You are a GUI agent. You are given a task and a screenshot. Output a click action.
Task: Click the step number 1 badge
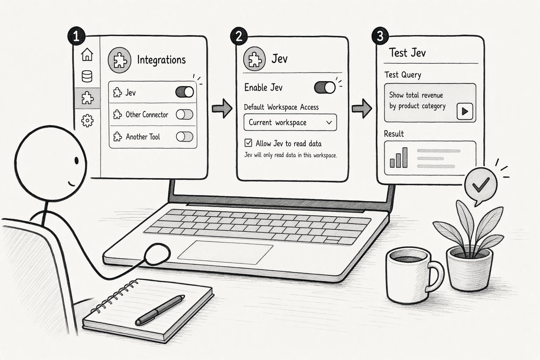point(76,36)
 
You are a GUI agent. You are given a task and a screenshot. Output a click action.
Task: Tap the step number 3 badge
point(380,36)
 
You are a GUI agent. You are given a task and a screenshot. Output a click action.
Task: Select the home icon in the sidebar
point(87,54)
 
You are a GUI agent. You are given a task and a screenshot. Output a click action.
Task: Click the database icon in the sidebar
point(87,76)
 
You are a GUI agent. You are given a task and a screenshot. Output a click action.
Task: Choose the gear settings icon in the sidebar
point(87,120)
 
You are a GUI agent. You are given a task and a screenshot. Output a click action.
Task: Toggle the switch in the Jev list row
point(185,92)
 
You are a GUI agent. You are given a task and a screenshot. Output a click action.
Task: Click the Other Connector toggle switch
point(185,115)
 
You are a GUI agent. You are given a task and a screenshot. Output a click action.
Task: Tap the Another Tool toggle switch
point(185,137)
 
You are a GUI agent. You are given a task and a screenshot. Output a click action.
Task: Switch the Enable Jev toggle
point(325,87)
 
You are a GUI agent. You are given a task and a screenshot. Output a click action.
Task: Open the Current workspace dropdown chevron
point(329,122)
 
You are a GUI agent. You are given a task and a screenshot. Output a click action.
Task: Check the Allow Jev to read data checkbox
point(248,143)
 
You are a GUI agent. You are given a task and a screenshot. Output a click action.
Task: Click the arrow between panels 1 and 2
point(222,108)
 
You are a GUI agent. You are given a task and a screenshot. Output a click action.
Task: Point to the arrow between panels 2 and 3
point(362,108)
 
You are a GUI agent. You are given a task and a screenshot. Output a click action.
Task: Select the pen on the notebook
point(160,310)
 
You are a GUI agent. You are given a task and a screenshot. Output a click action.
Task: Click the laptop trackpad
point(225,252)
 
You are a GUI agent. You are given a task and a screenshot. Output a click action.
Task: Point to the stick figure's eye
point(77,160)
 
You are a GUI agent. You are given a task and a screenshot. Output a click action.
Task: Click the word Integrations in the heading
point(161,60)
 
